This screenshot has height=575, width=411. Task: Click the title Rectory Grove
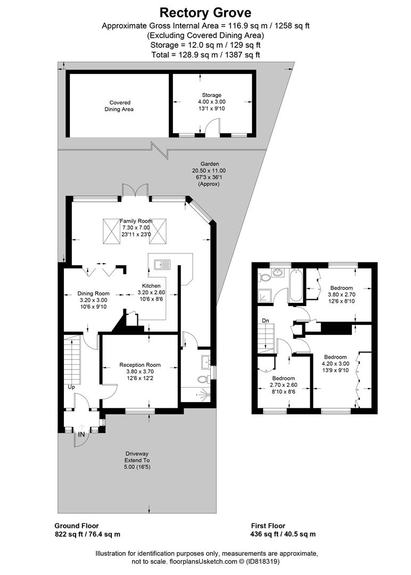pos(205,12)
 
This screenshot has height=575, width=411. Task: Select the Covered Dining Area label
pos(120,105)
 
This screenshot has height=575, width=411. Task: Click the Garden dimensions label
pos(205,174)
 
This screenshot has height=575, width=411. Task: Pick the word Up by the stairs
pos(71,387)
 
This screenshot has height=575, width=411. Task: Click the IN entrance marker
pos(81,434)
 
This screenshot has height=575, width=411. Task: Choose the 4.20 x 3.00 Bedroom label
pos(335,364)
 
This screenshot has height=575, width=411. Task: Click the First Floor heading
pos(268,525)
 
